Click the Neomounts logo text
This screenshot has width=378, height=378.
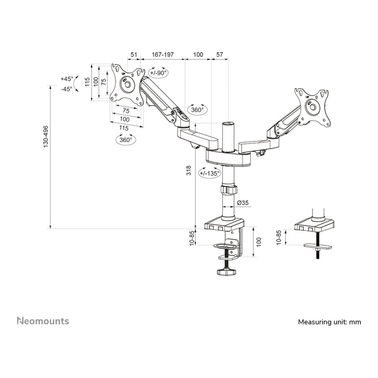43,321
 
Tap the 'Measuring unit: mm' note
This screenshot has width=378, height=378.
329,322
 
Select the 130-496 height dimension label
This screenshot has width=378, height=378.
46,137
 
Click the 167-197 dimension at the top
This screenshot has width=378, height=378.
163,55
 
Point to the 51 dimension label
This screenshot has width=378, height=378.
134,55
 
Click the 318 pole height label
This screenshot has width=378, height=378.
189,171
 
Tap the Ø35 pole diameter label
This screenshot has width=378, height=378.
243,203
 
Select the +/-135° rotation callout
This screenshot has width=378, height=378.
209,174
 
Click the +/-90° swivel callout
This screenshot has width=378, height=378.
158,73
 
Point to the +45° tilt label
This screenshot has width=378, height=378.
67,79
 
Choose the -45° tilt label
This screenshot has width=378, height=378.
67,89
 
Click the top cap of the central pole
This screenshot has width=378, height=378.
228,123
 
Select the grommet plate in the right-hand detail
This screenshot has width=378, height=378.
318,246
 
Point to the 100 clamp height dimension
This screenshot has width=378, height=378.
259,242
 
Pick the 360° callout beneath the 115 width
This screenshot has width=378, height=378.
126,140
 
